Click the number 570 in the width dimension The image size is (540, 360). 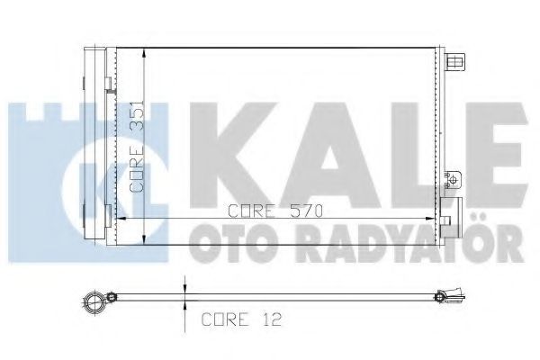click(306, 211)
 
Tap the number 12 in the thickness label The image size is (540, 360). click(271, 319)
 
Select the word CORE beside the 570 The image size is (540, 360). click(252, 211)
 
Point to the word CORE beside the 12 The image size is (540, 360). click(224, 319)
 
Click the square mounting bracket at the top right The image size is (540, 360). click(454, 62)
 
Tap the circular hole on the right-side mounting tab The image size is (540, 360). click(454, 179)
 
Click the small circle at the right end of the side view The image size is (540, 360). click(439, 297)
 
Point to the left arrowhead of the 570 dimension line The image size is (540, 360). click(121, 219)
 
